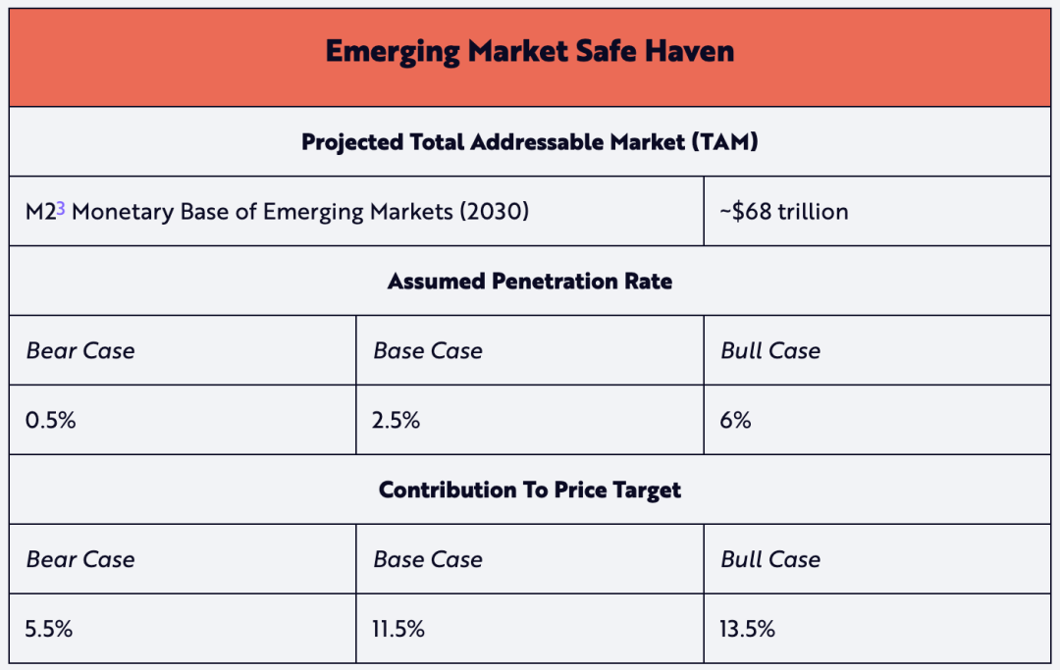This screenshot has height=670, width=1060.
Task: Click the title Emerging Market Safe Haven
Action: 530,51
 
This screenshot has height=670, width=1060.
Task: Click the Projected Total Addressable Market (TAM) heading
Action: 530,141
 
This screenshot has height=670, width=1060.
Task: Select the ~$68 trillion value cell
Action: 790,211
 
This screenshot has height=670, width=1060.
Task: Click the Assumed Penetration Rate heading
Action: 530,282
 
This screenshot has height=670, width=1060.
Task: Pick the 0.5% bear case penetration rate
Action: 51,421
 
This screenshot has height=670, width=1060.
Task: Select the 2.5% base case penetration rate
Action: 397,421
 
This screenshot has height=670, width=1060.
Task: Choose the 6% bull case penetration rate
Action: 735,421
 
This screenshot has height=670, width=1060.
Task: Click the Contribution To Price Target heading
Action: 530,490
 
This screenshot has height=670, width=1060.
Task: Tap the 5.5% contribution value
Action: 50,629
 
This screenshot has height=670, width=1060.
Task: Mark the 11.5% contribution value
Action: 399,629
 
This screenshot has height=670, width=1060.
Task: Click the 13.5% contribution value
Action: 748,629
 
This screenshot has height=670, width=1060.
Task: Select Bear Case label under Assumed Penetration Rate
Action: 80,351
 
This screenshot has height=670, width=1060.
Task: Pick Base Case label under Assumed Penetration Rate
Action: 428,351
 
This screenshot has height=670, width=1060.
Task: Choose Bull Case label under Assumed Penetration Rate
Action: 770,351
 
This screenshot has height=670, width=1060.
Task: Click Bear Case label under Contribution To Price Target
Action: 80,559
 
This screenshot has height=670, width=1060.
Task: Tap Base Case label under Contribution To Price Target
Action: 428,559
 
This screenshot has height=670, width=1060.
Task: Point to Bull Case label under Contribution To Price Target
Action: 770,559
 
